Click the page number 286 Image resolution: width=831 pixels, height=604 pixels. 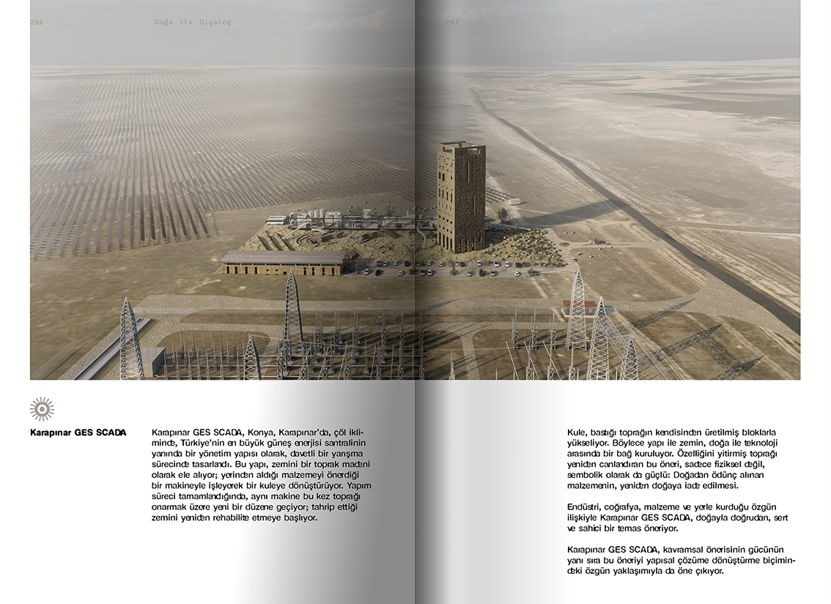pyautogui.click(x=37, y=22)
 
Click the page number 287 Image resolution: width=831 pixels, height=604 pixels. pyautogui.click(x=452, y=22)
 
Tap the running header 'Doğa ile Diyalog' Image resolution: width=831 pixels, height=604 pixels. pyautogui.click(x=193, y=22)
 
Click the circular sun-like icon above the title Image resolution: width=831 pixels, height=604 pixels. pyautogui.click(x=42, y=408)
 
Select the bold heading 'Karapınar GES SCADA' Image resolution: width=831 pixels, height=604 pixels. pyautogui.click(x=78, y=432)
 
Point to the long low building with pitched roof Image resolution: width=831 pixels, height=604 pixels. pyautogui.click(x=284, y=262)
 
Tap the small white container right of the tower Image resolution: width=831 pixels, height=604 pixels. pyautogui.click(x=514, y=202)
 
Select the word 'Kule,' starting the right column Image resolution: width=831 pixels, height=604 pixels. pyautogui.click(x=578, y=432)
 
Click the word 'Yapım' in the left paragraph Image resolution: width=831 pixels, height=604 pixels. pyautogui.click(x=360, y=486)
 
